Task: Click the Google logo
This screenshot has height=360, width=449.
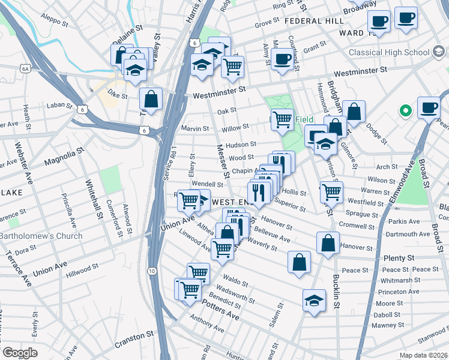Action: (x=20, y=353)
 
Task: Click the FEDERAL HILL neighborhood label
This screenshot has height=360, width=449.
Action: (x=315, y=20)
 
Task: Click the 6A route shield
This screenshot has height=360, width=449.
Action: (x=25, y=69)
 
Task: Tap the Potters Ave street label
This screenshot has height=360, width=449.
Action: (x=220, y=312)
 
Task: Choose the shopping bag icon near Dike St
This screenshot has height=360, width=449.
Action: (x=151, y=98)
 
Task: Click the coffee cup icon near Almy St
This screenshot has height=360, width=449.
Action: (x=282, y=59)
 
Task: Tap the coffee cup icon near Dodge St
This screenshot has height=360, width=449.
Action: (x=428, y=107)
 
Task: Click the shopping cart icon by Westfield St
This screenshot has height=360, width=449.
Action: (x=331, y=191)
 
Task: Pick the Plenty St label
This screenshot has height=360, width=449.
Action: (x=399, y=257)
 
